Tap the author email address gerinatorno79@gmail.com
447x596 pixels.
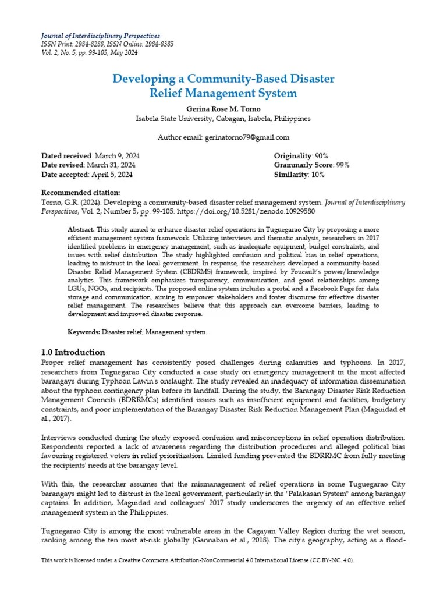[246, 137]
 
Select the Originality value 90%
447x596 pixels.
[321, 156]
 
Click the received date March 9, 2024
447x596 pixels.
[116, 156]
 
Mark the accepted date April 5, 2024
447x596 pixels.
[111, 175]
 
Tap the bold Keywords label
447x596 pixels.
[84, 332]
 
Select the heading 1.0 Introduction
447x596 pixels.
[73, 352]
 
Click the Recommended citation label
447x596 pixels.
[81, 193]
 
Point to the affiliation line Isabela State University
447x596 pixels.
[223, 119]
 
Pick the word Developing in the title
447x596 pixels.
[141, 78]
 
